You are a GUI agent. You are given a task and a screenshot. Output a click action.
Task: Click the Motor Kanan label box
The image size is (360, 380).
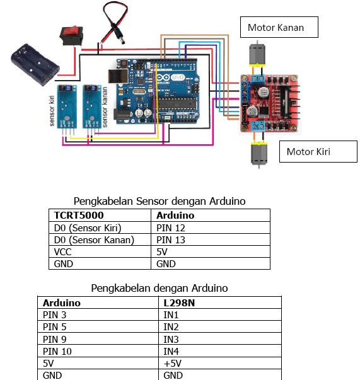point(279,27)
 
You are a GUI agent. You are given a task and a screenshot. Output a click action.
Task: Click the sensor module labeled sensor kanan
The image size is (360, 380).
point(93,106)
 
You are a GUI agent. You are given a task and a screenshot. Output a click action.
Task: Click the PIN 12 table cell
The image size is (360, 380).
point(211,227)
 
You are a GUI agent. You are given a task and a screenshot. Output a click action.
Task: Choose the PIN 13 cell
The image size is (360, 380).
point(211,239)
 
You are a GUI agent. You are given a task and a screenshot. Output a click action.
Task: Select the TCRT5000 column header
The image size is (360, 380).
point(100,216)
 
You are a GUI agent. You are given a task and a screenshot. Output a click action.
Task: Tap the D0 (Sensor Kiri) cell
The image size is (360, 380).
point(100,227)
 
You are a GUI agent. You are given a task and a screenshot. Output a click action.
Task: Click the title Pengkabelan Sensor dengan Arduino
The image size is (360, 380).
point(159,202)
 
